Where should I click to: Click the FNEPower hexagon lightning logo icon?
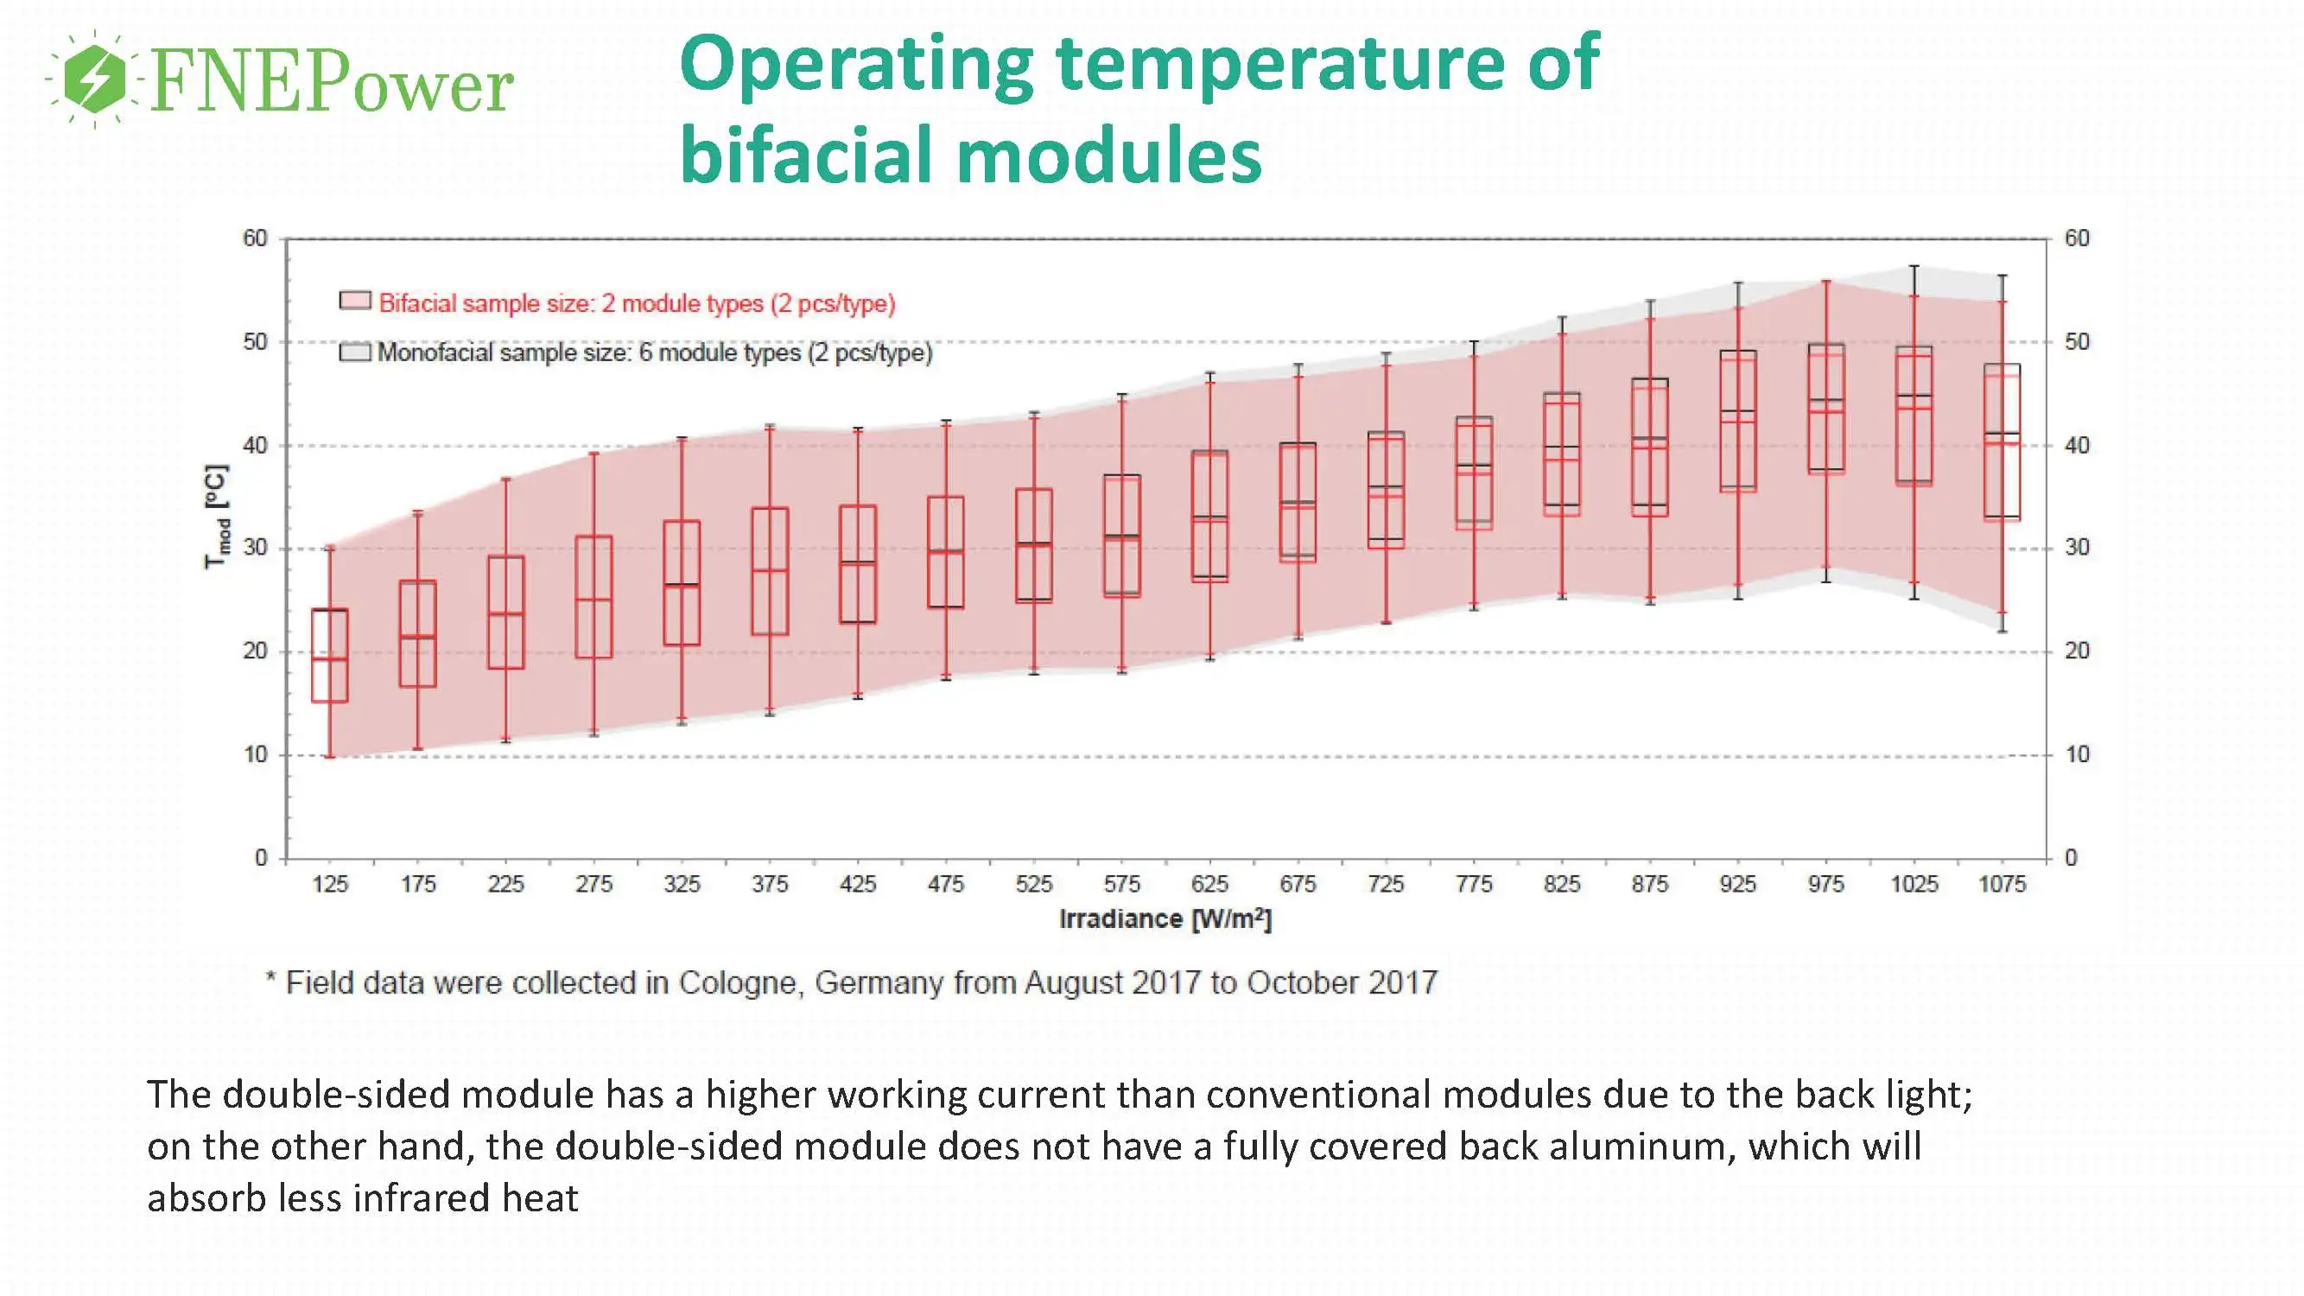(x=95, y=79)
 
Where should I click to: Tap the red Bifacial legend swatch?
(x=355, y=301)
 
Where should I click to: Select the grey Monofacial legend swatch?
(x=355, y=352)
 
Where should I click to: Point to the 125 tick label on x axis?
(x=329, y=885)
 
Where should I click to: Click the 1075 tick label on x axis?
(x=2002, y=885)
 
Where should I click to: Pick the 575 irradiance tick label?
(x=1121, y=885)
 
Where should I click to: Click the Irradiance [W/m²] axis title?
(x=1165, y=919)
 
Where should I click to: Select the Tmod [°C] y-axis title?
(x=218, y=516)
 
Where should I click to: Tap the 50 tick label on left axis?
(x=255, y=341)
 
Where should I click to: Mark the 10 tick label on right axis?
(x=2077, y=755)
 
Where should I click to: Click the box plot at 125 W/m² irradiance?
(x=329, y=656)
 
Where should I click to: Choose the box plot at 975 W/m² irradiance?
(x=1825, y=408)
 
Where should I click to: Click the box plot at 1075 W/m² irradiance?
(x=2002, y=442)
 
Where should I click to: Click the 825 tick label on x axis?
(x=1562, y=885)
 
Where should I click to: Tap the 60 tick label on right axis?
(x=2077, y=238)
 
